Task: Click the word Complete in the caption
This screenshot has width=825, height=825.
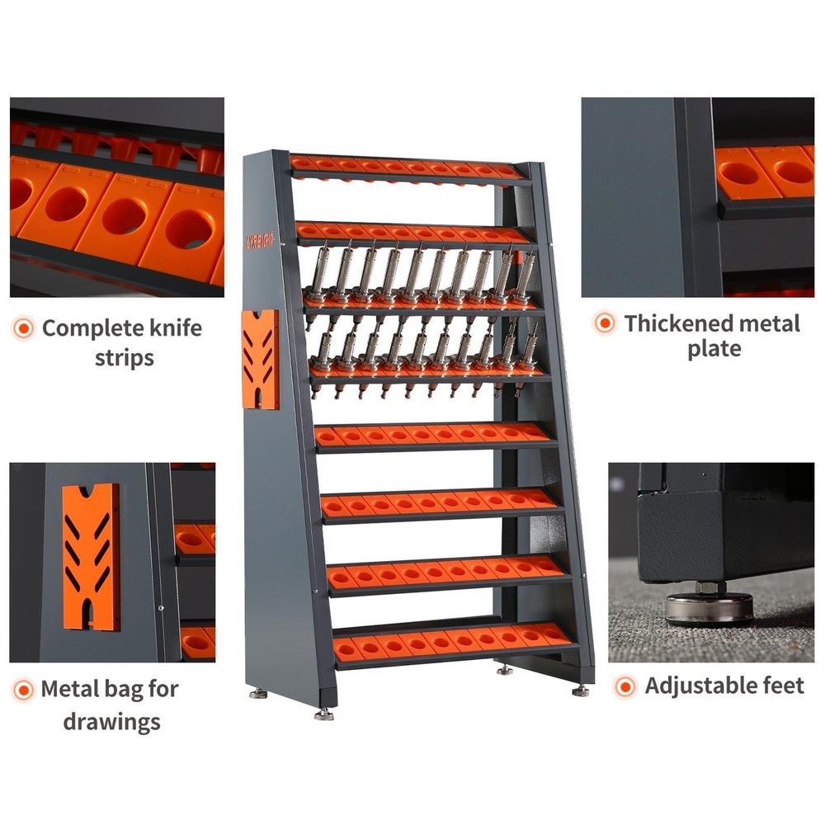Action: (x=87, y=328)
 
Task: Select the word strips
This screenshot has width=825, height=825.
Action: (x=124, y=359)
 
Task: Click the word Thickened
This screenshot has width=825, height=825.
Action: (x=677, y=323)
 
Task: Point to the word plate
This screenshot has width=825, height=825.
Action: (x=714, y=350)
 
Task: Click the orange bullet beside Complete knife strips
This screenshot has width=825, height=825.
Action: (x=24, y=329)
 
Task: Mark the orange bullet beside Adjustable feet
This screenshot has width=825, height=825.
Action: (x=625, y=686)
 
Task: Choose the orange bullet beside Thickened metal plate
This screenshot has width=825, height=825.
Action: (x=605, y=324)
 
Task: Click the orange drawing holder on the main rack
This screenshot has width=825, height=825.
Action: (x=260, y=359)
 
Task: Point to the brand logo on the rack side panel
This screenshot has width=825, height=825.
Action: (x=262, y=241)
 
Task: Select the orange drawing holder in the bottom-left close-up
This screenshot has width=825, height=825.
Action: (x=90, y=556)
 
